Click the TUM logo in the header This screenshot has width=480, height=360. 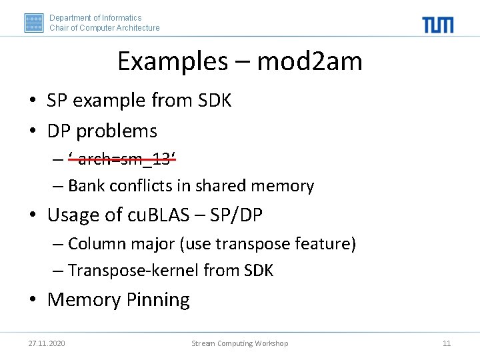point(437,25)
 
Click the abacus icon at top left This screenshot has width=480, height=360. point(34,23)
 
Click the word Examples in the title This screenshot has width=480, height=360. point(172,62)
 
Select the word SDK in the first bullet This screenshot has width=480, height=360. point(215,101)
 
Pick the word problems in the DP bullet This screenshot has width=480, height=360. point(117,131)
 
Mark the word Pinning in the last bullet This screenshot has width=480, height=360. point(158,300)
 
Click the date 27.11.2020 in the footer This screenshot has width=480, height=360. point(47,343)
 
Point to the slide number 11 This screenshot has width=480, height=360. point(447,343)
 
